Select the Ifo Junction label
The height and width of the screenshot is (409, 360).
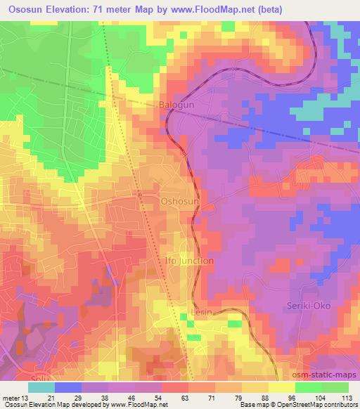point(189,260)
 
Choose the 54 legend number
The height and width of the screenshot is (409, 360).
point(161,398)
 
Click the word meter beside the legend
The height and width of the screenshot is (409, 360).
point(10,398)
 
